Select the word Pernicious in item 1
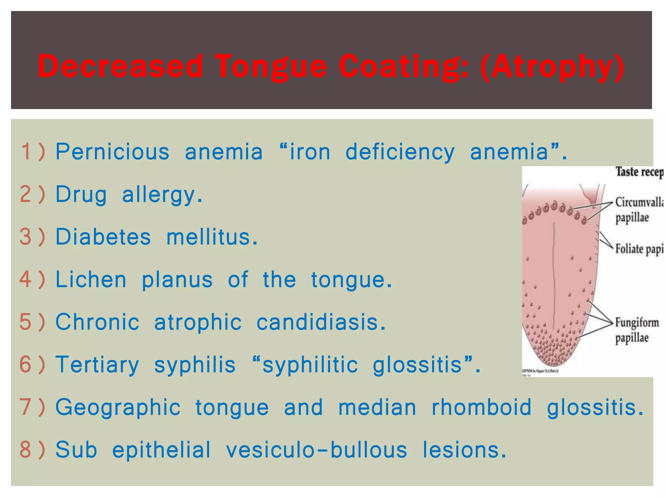[x=112, y=152]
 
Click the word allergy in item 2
[x=162, y=195]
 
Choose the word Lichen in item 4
[x=91, y=279]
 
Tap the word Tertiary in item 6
[x=97, y=365]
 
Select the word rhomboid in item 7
[x=482, y=407]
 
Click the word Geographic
[x=118, y=407]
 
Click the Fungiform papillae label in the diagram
[x=636, y=330]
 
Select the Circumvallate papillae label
[x=638, y=210]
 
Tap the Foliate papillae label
[x=638, y=249]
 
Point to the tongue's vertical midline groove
[x=554, y=276]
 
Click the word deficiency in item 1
[x=400, y=152]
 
